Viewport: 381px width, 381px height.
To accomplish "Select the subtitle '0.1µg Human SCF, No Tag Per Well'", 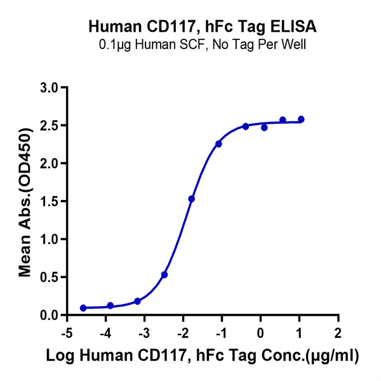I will [203, 45].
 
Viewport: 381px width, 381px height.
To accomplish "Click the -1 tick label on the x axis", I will [220, 333].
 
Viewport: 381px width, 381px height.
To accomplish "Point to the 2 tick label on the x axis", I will [338, 333].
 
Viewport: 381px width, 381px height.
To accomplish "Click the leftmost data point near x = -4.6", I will [83, 308].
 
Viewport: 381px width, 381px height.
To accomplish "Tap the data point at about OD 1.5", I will [192, 199].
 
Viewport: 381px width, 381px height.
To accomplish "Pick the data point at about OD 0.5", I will [164, 275].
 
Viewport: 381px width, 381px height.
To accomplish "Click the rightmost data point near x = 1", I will [301, 119].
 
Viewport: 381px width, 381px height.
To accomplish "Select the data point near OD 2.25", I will [218, 144].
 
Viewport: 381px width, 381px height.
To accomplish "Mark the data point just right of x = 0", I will [264, 128].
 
